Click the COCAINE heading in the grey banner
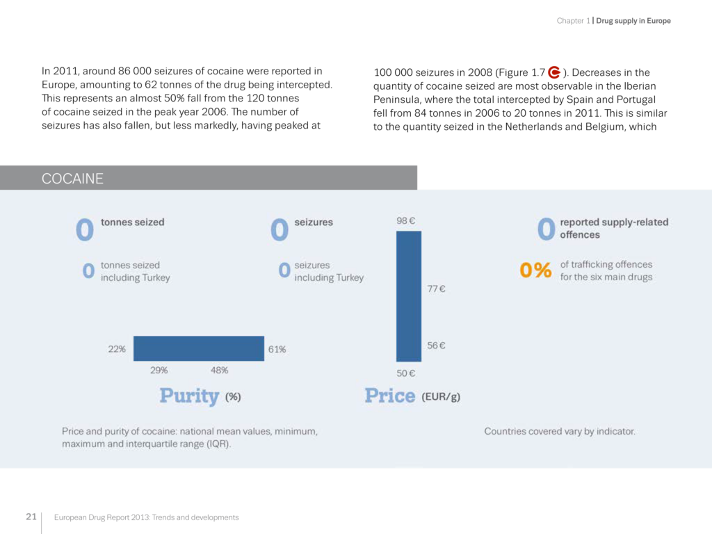[x=72, y=179]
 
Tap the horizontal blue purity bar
[x=199, y=348]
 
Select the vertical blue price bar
[x=409, y=296]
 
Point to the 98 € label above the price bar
[x=406, y=221]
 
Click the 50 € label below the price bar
[x=406, y=373]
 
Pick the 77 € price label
[x=436, y=289]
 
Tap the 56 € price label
[x=436, y=346]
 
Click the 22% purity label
[x=117, y=349]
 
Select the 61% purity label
[x=277, y=349]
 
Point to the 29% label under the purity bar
[x=159, y=370]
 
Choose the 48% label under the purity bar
[x=219, y=370]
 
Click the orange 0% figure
[x=535, y=270]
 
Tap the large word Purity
[x=189, y=396]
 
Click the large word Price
[x=390, y=396]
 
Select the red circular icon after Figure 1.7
[x=554, y=72]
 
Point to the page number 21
[x=31, y=517]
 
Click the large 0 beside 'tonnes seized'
[x=85, y=230]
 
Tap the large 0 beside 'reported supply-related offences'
[x=547, y=229]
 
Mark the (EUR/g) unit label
[x=441, y=397]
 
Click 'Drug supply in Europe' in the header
[x=633, y=21]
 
